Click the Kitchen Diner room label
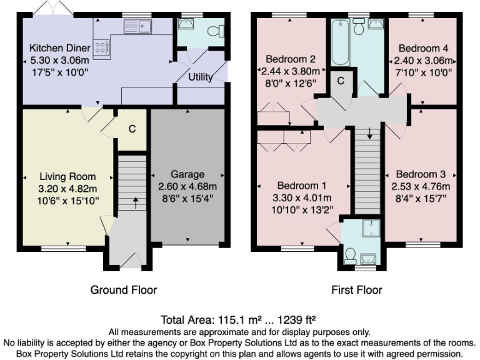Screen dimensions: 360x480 [60, 48]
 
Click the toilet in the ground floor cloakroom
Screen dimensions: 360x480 [212, 29]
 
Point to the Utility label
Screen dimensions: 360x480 [201, 77]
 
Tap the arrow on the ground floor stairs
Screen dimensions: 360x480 [136, 202]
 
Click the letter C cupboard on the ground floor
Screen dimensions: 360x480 [132, 129]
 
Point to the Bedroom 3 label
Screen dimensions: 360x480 [421, 174]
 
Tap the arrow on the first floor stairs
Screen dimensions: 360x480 [369, 132]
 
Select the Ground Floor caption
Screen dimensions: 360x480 [124, 289]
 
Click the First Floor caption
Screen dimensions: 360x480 [357, 289]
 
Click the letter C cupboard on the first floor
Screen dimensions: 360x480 [341, 80]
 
